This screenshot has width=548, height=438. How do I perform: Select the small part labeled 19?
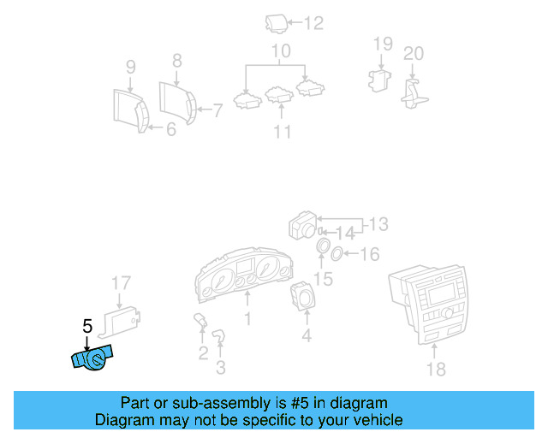click(x=378, y=80)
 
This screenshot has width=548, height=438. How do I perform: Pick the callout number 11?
click(x=282, y=132)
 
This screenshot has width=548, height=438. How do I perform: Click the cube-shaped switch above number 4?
click(x=305, y=297)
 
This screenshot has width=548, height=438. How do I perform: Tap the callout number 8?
click(x=177, y=61)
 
